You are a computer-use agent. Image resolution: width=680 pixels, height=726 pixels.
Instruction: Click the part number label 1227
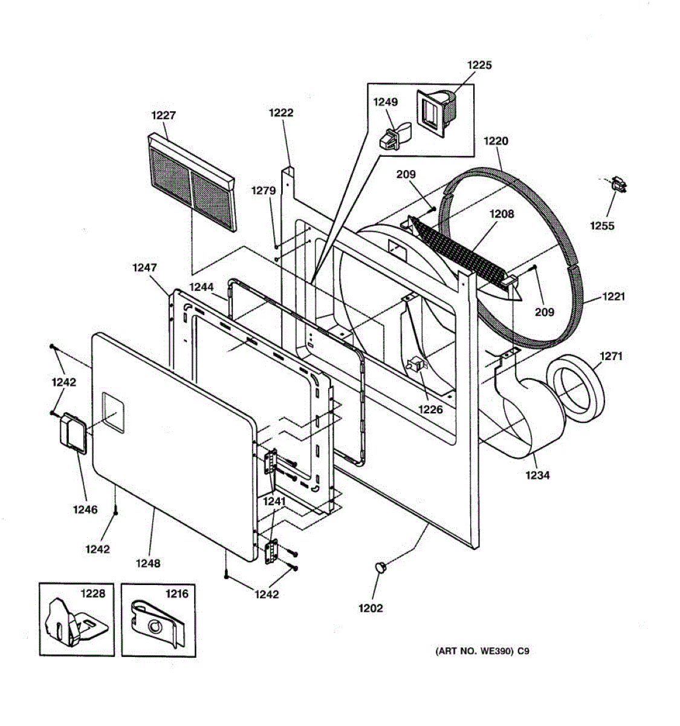(163, 115)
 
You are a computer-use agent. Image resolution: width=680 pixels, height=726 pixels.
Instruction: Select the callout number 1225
(479, 65)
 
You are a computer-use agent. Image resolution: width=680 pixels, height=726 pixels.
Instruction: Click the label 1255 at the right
(602, 226)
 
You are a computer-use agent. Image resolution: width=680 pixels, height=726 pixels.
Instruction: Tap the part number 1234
(537, 475)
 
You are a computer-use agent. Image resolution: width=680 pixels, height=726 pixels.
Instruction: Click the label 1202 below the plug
(371, 608)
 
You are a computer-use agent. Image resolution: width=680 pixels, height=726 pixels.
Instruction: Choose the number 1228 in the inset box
(92, 594)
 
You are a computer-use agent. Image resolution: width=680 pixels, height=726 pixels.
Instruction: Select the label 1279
(264, 191)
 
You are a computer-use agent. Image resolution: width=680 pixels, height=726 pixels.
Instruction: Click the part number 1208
(502, 214)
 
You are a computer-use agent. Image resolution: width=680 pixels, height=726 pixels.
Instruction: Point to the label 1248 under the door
(147, 563)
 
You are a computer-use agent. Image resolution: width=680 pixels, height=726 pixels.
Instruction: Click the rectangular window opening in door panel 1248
(112, 412)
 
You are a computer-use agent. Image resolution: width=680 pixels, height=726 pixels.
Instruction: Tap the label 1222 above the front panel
(281, 113)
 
